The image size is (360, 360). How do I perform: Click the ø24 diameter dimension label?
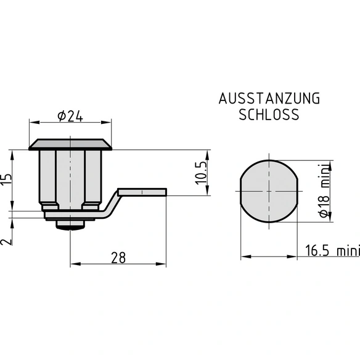coord(70,116)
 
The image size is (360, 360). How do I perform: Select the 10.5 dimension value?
coord(202,173)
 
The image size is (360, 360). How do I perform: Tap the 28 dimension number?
coord(118,258)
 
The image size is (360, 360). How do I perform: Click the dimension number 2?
coord(6,242)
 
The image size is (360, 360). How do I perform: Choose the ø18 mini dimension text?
coord(324,191)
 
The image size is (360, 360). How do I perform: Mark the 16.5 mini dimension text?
coord(332,250)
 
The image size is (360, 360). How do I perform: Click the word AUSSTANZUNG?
coord(269,99)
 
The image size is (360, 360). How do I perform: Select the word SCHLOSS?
coord(269,114)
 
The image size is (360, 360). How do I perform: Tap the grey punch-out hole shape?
coord(269,191)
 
